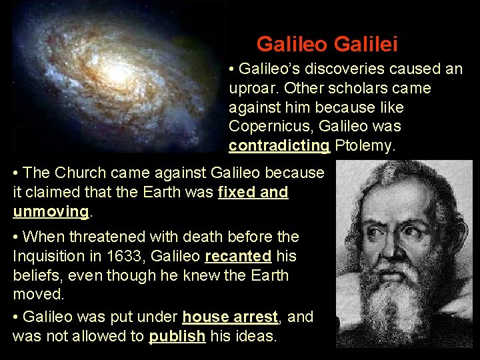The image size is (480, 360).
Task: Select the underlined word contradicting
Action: pyautogui.click(x=279, y=146)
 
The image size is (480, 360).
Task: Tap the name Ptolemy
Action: pyautogui.click(x=365, y=146)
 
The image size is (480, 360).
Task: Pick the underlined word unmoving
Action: pyautogui.click(x=51, y=212)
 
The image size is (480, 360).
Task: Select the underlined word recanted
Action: pyautogui.click(x=238, y=256)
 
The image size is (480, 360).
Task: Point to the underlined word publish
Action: pyautogui.click(x=177, y=337)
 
